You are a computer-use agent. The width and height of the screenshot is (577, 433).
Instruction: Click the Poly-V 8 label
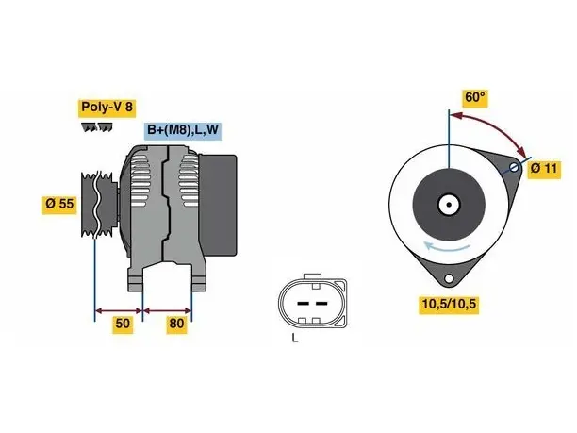(107, 108)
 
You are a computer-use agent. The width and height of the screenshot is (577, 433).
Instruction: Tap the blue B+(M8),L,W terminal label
(183, 130)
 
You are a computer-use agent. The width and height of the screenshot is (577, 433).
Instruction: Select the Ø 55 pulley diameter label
(59, 204)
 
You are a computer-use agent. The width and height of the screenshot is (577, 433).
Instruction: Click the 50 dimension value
(123, 324)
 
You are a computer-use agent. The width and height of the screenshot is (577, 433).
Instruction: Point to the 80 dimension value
(176, 324)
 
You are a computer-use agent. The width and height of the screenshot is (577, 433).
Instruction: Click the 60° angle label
(475, 97)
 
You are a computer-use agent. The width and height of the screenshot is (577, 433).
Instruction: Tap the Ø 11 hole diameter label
(544, 169)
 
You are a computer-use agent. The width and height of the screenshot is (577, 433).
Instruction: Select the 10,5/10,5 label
(449, 304)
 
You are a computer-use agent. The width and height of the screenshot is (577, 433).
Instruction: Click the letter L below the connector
(295, 338)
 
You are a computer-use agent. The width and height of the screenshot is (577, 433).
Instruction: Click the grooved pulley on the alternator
(99, 204)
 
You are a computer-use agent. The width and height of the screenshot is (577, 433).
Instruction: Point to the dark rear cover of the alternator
(218, 205)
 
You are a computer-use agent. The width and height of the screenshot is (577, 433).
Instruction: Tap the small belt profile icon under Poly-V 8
(97, 126)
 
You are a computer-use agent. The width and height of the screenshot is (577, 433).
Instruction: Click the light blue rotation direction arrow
(446, 247)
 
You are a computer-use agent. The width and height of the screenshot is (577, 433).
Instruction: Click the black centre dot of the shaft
(449, 205)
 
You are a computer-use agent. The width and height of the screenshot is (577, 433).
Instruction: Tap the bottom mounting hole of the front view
(449, 278)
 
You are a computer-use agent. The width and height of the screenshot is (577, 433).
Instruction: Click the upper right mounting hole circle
(514, 168)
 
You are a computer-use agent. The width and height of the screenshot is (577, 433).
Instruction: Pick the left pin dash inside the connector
(303, 304)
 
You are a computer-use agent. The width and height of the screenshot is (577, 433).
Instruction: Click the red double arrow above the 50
(119, 311)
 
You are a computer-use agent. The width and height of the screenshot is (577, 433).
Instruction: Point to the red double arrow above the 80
(168, 311)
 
